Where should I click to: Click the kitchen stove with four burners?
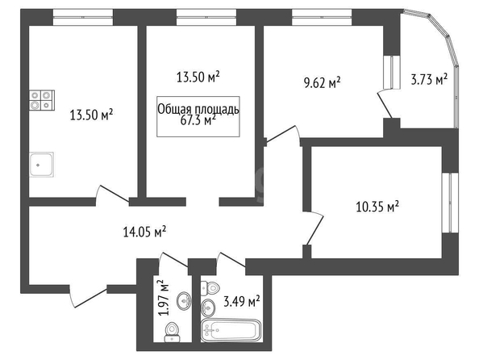pos(42,100)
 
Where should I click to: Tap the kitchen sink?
pos(42,165)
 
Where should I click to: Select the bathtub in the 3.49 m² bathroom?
pos(231,330)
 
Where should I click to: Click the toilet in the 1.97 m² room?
pos(172,333)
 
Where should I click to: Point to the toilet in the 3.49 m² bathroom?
pos(210,288)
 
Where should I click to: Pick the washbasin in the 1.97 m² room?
pos(184,300)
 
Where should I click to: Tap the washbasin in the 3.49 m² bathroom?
pos(208,306)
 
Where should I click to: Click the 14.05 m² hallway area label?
pos(144,232)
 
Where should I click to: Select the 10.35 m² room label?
pos(377,207)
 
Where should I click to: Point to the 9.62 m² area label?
pos(323,82)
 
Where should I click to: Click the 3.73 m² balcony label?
pos(429,80)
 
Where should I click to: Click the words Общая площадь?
pos(198,109)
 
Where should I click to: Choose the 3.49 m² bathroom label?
pos(242,302)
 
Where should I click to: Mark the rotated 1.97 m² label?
pos(163,297)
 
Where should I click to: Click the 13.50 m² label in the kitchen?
pos(92,115)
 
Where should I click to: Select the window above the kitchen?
pos(83,17)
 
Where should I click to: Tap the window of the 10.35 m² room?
pos(450,203)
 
